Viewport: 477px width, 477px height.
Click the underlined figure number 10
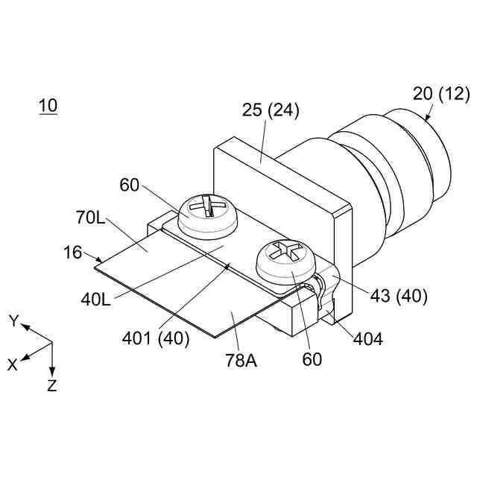(48, 106)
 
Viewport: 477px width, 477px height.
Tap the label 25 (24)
(271, 111)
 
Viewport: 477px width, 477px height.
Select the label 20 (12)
(442, 94)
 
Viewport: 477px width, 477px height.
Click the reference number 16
(73, 253)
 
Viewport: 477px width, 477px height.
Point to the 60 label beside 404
(312, 359)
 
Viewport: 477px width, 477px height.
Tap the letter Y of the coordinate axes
(13, 321)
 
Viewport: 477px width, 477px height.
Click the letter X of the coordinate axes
(12, 364)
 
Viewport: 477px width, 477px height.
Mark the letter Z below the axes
(52, 386)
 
